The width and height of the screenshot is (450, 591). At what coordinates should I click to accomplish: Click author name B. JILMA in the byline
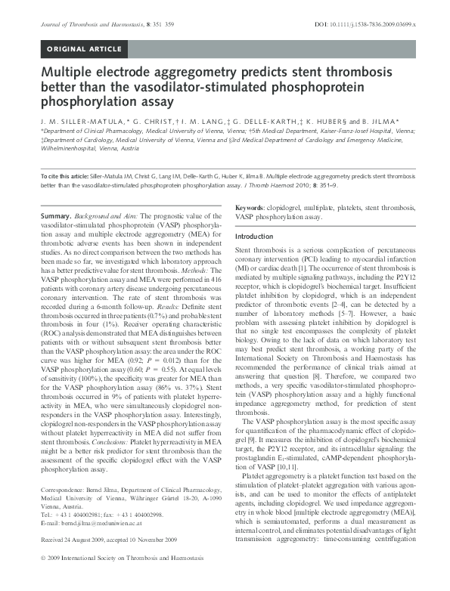(x=393, y=121)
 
